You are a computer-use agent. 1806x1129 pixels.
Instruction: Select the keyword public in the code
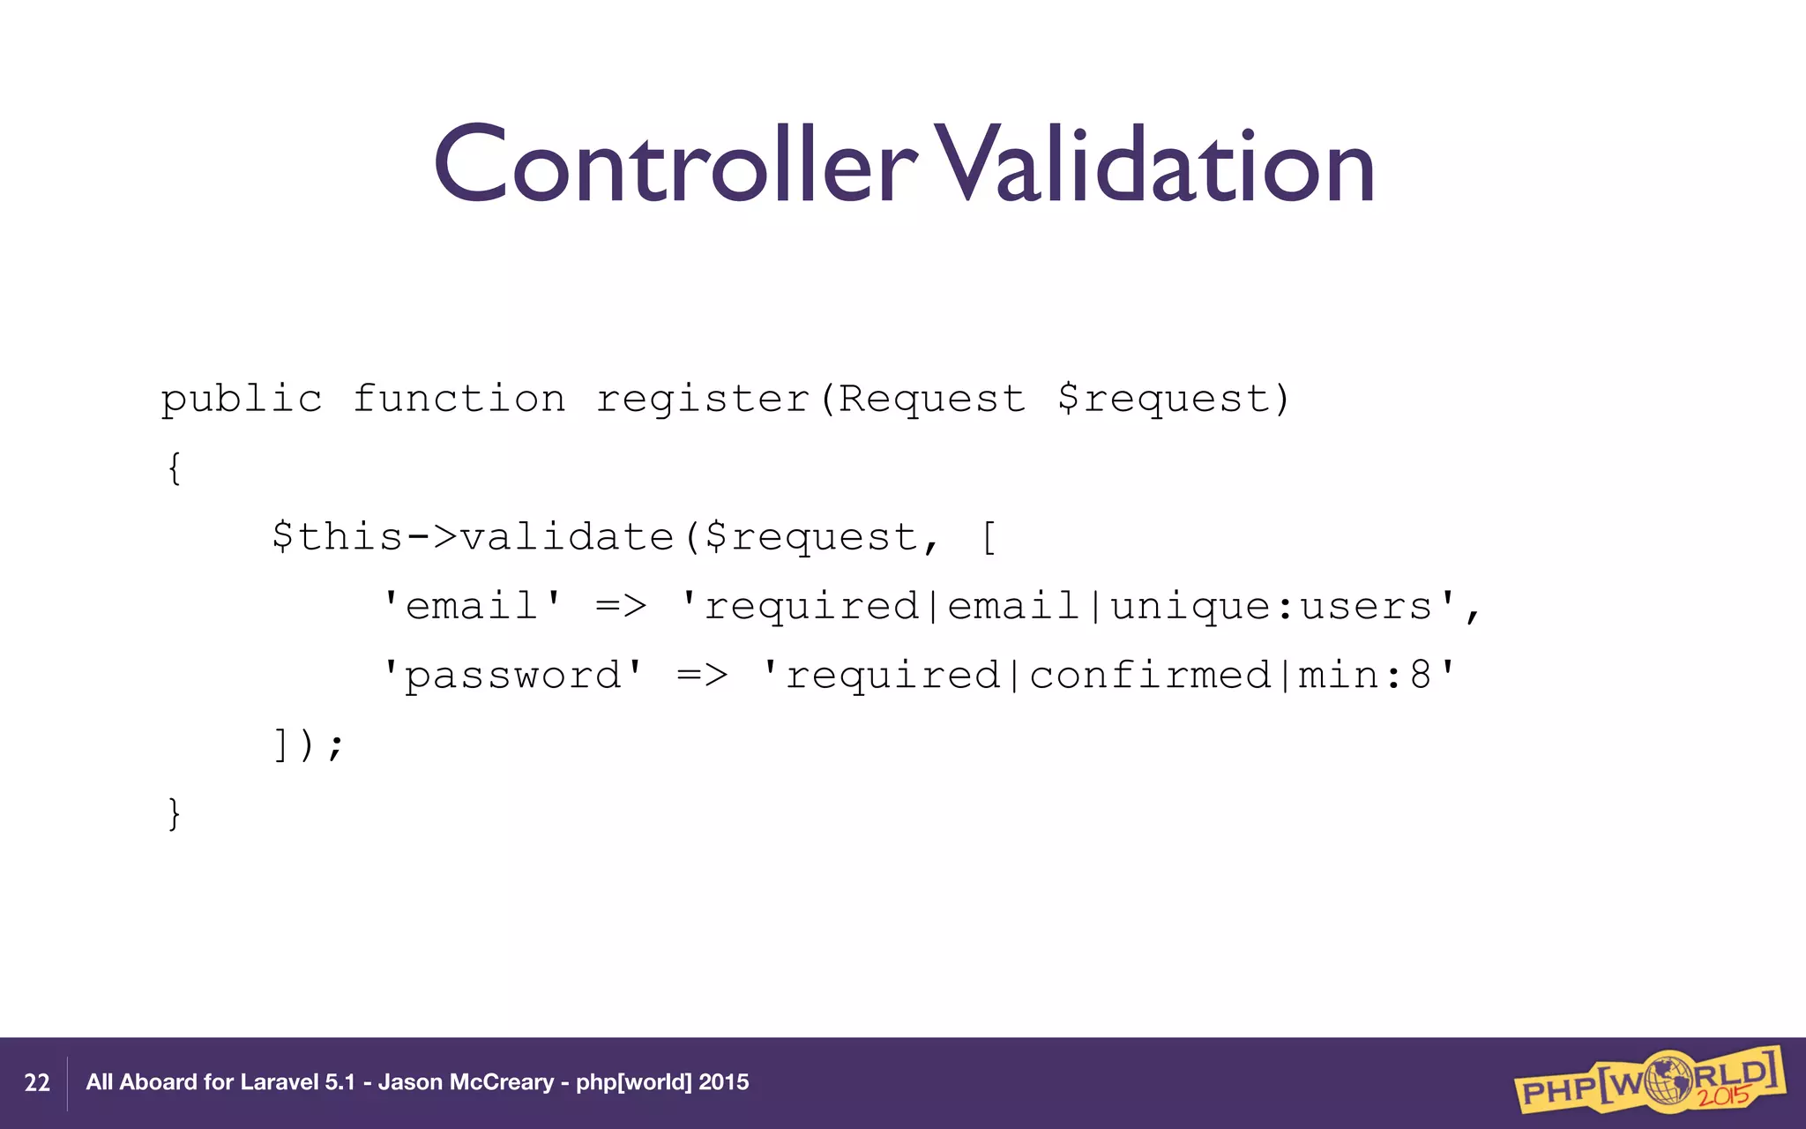(x=242, y=400)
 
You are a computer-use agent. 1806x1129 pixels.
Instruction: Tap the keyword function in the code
(x=459, y=400)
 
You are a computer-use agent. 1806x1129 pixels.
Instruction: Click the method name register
(x=703, y=400)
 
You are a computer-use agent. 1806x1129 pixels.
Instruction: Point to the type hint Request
(x=932, y=400)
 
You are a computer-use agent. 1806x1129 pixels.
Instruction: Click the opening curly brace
(x=175, y=468)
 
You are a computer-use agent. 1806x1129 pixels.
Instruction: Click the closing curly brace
(x=175, y=813)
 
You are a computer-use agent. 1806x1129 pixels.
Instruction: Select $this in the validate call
(x=337, y=537)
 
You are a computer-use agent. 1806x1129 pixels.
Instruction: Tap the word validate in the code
(x=567, y=537)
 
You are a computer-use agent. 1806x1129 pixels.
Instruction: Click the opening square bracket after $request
(x=989, y=537)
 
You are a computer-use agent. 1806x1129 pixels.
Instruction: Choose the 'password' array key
(x=512, y=676)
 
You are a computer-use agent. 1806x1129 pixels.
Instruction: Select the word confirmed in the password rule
(x=1150, y=676)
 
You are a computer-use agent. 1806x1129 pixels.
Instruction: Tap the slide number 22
(x=37, y=1083)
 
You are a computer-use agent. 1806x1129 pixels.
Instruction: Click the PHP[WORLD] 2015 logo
(x=1649, y=1080)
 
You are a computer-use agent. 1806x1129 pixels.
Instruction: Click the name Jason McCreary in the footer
(x=466, y=1082)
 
